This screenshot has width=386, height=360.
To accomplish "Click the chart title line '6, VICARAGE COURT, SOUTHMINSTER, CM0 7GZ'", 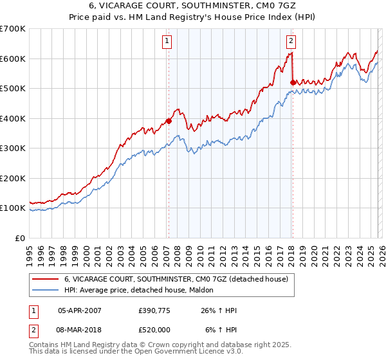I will pos(193,6).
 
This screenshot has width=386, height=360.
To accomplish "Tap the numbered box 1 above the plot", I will pos(167,42).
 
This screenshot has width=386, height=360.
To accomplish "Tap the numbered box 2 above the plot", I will pos(291,42).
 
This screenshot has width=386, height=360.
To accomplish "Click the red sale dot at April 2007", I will pos(169,121).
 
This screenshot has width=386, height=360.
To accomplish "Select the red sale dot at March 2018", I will pos(293,82).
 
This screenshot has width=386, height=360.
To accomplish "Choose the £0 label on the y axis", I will pos(21,238).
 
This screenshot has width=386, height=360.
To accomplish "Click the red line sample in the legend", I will pos(45,279).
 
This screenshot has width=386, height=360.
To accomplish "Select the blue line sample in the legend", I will pos(45,290).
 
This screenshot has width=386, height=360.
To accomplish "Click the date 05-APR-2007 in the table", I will pos(80,310).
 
